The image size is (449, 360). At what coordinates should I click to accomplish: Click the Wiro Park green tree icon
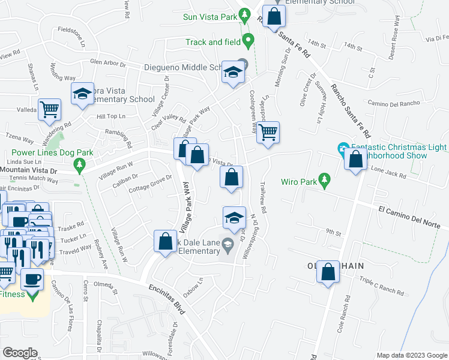325,179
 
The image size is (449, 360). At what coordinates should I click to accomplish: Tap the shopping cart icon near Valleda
49,110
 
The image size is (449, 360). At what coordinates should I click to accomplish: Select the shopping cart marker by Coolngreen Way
268,132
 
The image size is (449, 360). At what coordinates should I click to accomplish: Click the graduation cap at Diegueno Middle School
232,73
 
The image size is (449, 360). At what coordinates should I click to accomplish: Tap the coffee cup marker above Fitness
32,279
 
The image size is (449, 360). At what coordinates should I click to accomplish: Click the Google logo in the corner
19,353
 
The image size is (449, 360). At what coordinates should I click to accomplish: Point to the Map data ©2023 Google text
411,355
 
